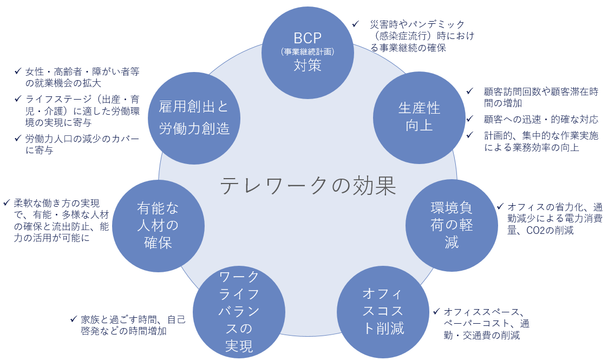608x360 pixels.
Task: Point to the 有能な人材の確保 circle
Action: (x=158, y=225)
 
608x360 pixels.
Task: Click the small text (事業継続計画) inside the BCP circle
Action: (x=308, y=52)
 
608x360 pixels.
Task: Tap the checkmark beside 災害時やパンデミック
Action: (x=356, y=24)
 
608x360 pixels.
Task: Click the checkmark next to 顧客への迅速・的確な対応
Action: (x=470, y=119)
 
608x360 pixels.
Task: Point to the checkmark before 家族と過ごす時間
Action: (x=73, y=319)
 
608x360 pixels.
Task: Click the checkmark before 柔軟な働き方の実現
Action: (x=6, y=203)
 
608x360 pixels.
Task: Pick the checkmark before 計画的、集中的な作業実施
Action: (x=470, y=135)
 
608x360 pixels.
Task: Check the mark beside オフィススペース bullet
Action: (x=436, y=311)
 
